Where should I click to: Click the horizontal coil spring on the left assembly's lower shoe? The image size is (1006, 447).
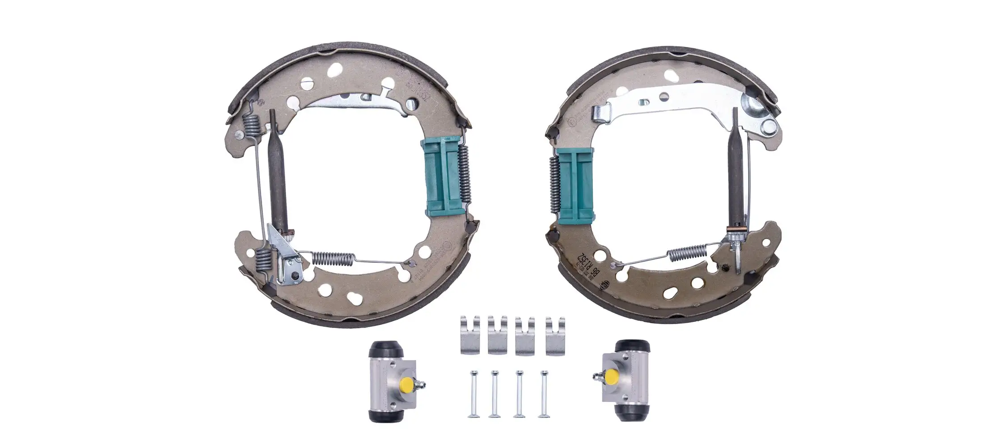click(333, 257)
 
